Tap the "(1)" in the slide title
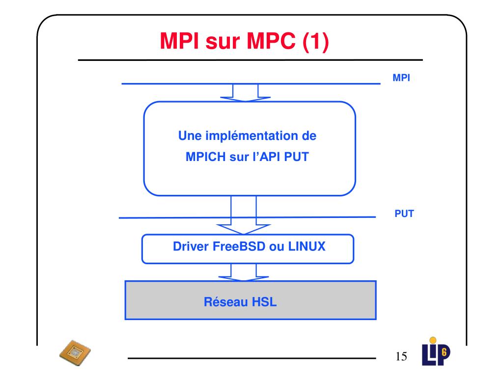click(x=314, y=42)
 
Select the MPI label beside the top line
click(x=401, y=78)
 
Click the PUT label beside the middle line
click(x=404, y=214)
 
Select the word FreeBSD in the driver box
click(x=240, y=246)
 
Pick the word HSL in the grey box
click(x=264, y=301)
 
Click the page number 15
click(x=401, y=356)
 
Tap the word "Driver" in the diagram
click(x=191, y=246)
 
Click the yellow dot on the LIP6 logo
click(x=433, y=339)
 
